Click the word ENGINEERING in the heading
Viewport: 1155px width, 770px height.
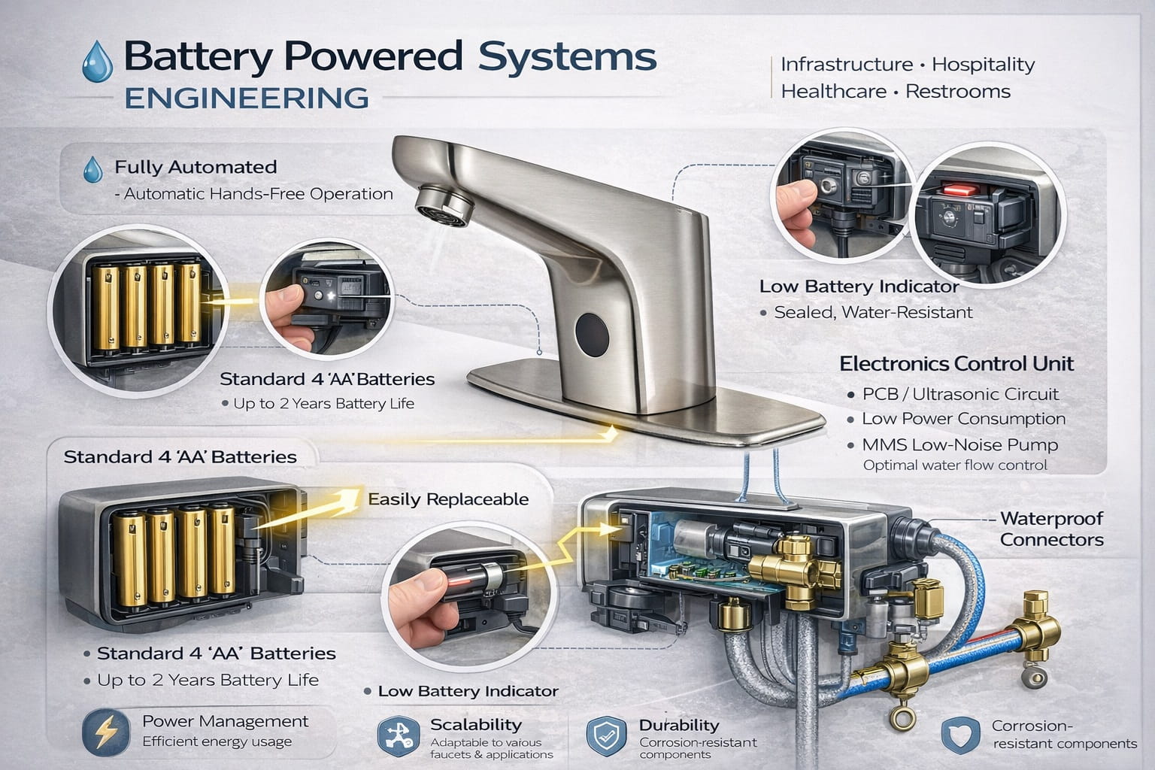246,99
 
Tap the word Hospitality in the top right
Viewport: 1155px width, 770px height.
983,65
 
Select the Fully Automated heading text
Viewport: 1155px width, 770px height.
196,167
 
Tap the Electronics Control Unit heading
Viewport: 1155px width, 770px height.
956,364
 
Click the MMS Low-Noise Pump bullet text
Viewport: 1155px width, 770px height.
959,444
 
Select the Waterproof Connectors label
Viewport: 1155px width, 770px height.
1050,529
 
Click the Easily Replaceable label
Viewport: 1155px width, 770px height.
448,499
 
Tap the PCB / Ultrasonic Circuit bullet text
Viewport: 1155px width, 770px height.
959,394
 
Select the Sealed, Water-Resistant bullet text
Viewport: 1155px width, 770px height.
873,312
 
